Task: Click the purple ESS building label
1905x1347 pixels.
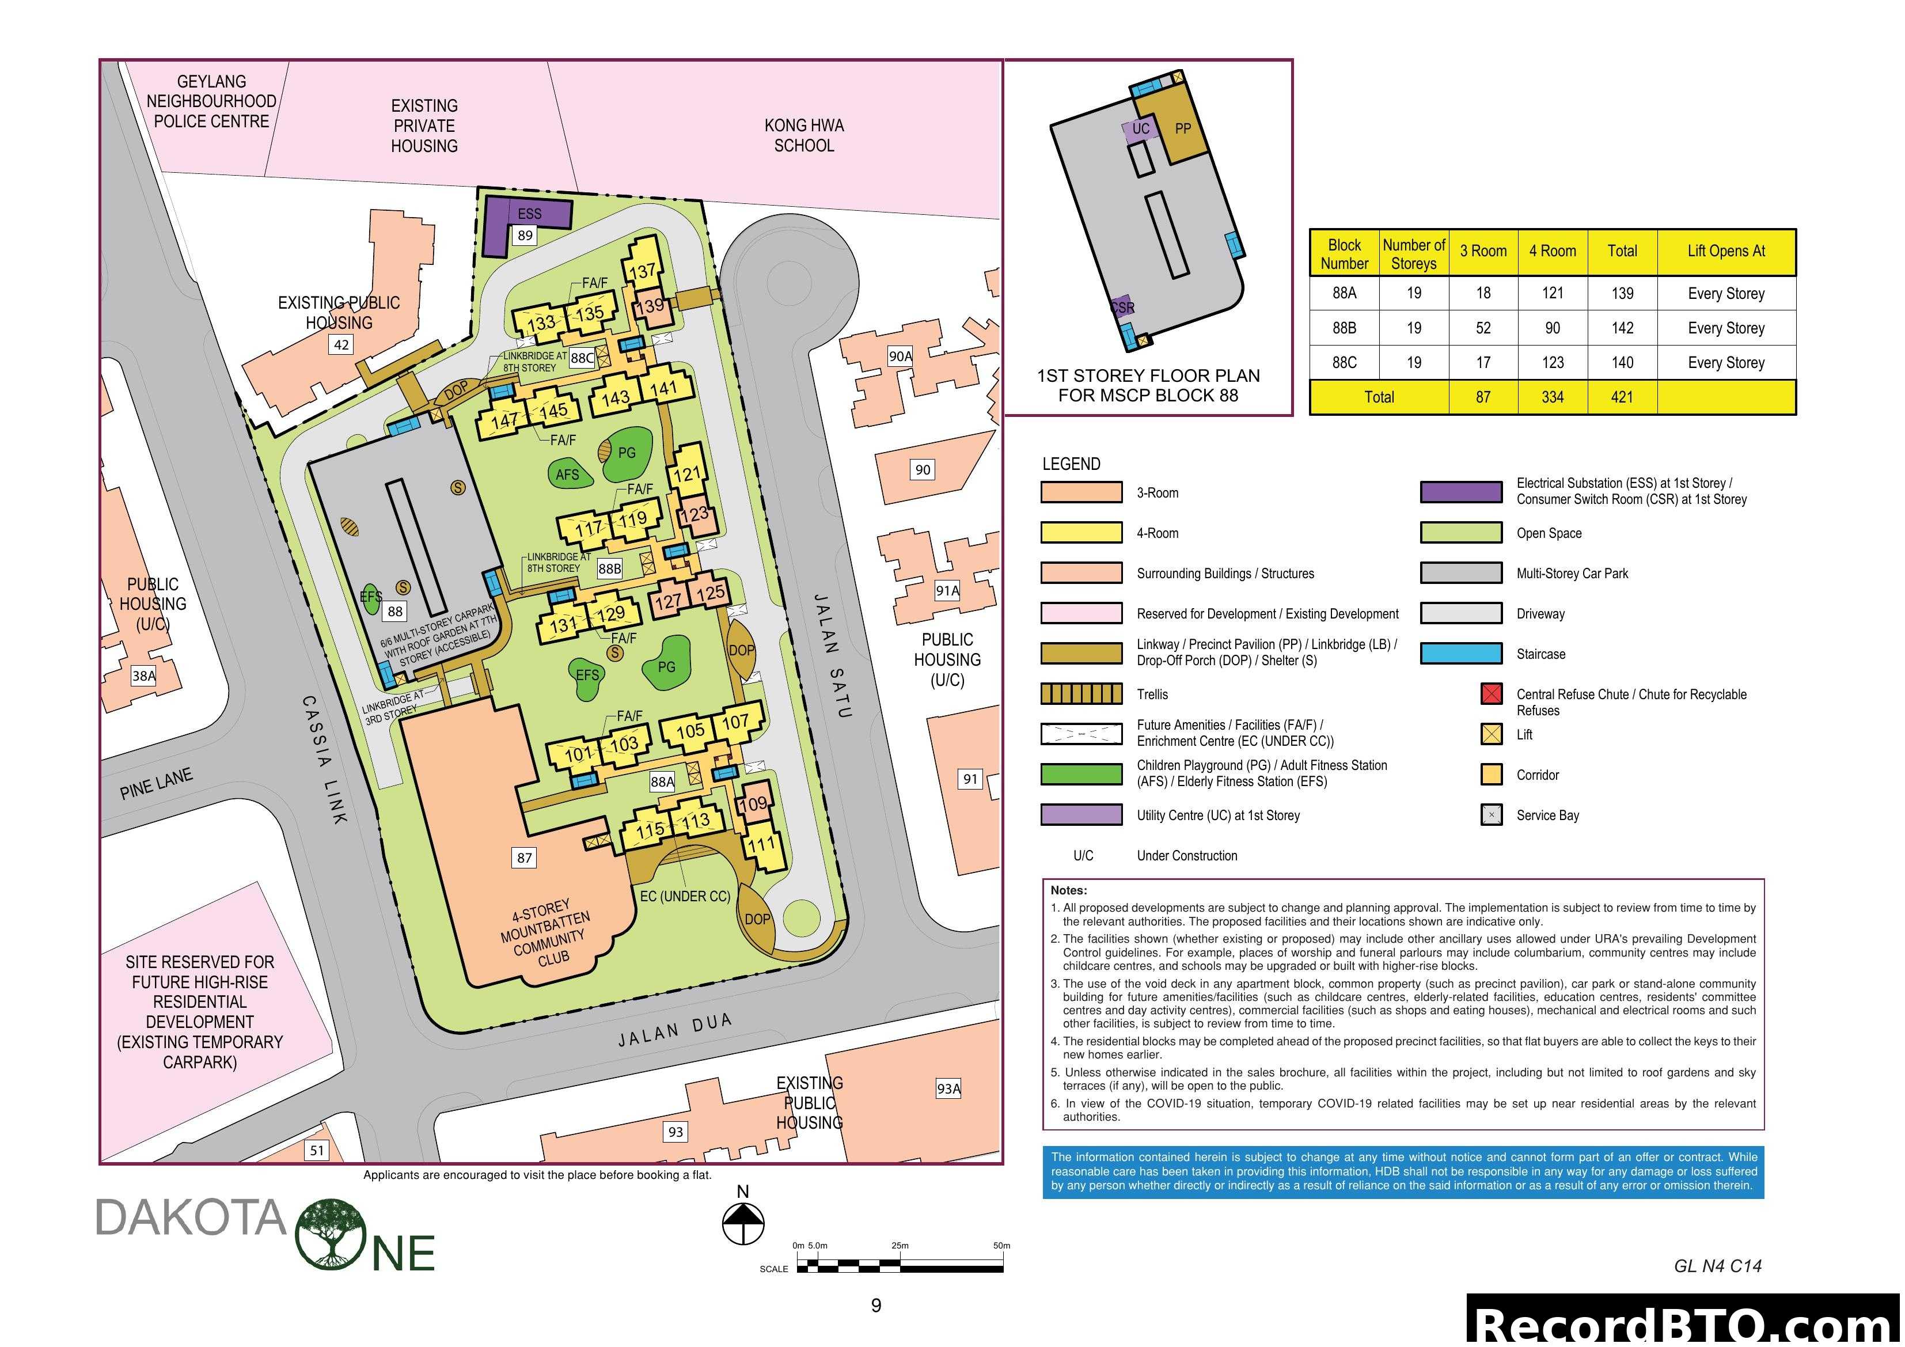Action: tap(529, 214)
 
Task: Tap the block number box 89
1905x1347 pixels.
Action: tap(525, 236)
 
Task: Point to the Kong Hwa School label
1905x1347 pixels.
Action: tap(803, 135)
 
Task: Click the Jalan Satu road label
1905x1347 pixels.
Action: tap(832, 656)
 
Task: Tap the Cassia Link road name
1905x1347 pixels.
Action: tap(324, 760)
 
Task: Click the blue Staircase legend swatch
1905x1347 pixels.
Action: tap(1460, 654)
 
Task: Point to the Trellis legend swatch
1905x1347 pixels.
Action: tap(1081, 694)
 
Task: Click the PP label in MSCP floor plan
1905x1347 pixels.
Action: tap(1182, 128)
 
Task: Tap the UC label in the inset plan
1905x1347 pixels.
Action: tap(1141, 128)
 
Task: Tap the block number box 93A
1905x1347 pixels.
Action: tap(947, 1089)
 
